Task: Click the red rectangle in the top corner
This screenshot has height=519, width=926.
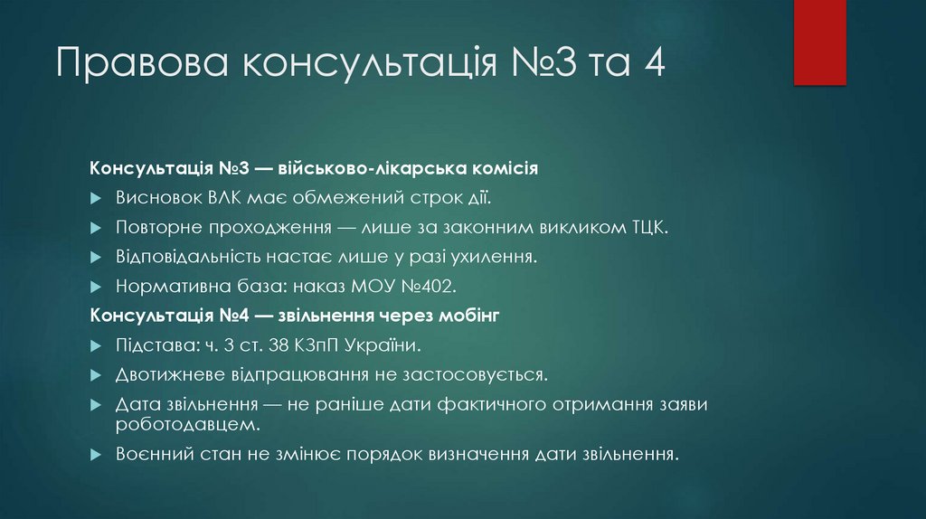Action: [819, 42]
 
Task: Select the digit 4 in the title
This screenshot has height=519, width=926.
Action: [654, 67]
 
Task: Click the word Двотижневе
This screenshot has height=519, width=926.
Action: [171, 374]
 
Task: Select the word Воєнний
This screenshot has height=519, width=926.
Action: [152, 453]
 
